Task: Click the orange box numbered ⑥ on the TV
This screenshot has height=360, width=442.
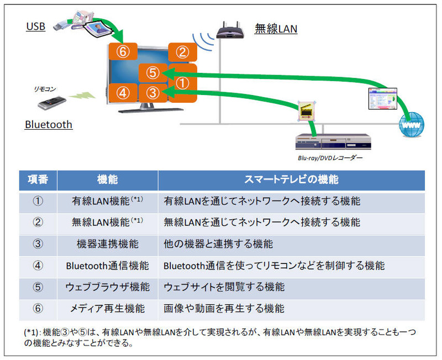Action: [123, 52]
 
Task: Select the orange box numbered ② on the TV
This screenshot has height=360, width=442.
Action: [182, 52]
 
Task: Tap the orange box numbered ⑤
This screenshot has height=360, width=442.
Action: [153, 72]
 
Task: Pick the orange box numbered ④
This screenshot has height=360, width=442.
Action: [123, 92]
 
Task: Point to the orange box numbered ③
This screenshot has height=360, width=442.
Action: [153, 92]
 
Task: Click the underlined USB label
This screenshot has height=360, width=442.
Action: [35, 26]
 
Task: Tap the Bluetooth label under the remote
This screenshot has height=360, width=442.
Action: [49, 124]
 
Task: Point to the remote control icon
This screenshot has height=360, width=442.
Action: [54, 102]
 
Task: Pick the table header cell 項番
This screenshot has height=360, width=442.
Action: [38, 180]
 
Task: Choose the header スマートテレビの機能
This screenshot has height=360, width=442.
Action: [291, 180]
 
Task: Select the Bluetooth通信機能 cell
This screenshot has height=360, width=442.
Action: [107, 266]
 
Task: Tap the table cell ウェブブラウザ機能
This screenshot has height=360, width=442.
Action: [107, 287]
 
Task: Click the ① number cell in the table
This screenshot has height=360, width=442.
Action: [38, 201]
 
